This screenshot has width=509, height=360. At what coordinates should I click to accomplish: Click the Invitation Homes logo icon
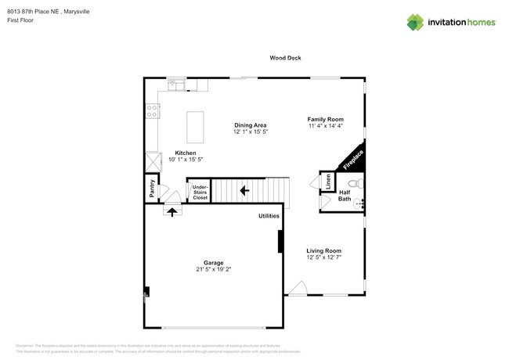tap(416, 22)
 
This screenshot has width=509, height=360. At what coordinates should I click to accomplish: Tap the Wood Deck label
tap(285, 58)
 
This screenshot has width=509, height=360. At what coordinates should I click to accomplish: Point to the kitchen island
tap(194, 127)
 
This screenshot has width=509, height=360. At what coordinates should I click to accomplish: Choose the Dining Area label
tap(251, 125)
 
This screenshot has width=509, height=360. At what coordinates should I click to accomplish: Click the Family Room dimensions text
tap(325, 126)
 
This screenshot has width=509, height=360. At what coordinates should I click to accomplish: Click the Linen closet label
tap(327, 182)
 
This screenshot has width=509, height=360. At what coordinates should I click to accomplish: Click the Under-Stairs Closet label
tap(200, 191)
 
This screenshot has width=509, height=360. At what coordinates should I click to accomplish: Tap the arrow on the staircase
tap(244, 189)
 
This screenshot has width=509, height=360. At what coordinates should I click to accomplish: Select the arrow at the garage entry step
tap(172, 211)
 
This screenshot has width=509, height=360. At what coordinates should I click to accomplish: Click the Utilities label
tap(269, 215)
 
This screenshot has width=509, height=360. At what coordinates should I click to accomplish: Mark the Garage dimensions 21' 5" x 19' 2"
tap(214, 269)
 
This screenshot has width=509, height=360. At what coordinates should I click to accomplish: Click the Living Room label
tap(323, 250)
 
